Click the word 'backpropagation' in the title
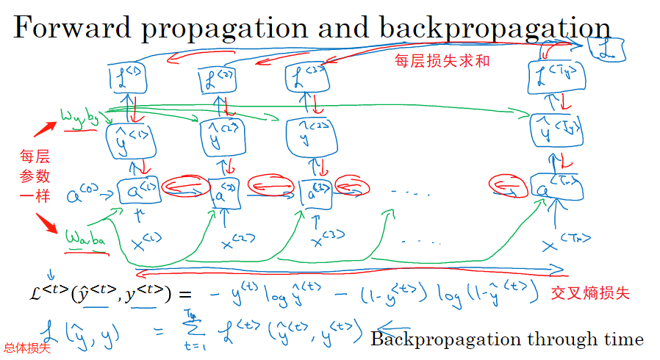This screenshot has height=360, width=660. (x=495, y=28)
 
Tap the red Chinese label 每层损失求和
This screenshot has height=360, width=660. (x=442, y=62)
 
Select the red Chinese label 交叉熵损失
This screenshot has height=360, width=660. (x=591, y=292)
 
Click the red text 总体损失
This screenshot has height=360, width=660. (x=27, y=348)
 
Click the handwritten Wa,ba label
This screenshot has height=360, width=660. (x=86, y=240)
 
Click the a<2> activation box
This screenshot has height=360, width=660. (x=220, y=195)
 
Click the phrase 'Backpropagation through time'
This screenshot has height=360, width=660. (x=507, y=339)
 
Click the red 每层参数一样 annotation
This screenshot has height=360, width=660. (x=35, y=176)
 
